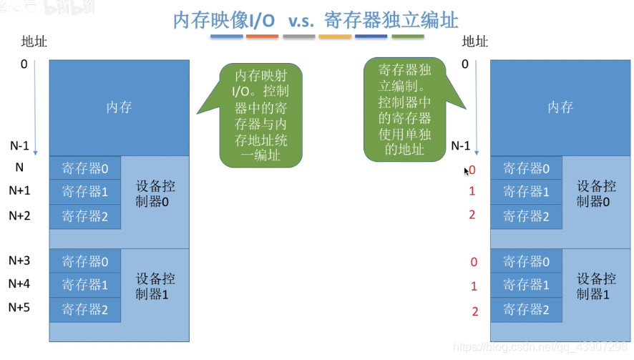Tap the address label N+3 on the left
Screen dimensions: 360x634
pyautogui.click(x=19, y=261)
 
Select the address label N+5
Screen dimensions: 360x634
pyautogui.click(x=19, y=308)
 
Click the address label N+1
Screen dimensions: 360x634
pyautogui.click(x=19, y=191)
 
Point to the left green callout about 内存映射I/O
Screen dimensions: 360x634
pyautogui.click(x=260, y=115)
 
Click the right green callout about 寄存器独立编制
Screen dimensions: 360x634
pyautogui.click(x=404, y=110)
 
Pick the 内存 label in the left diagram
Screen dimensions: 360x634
pyautogui.click(x=119, y=107)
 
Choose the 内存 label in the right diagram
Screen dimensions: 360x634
pyautogui.click(x=560, y=107)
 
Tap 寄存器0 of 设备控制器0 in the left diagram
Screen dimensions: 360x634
pyautogui.click(x=85, y=168)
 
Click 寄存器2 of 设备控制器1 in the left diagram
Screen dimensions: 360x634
pyautogui.click(x=85, y=310)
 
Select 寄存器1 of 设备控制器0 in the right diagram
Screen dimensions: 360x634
pyautogui.click(x=526, y=192)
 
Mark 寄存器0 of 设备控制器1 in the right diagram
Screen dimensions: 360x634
pyautogui.click(x=526, y=262)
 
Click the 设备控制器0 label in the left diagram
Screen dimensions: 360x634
pyautogui.click(x=155, y=194)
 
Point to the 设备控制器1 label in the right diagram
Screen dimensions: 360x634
pyautogui.click(x=597, y=286)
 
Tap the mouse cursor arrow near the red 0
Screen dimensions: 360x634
pyautogui.click(x=467, y=171)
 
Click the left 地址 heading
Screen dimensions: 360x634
pyautogui.click(x=34, y=42)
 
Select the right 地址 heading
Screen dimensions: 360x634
pyautogui.click(x=475, y=42)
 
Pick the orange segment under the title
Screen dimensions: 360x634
pyautogui.click(x=263, y=36)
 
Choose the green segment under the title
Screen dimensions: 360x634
pyautogui.click(x=408, y=36)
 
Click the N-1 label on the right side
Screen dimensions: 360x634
pyautogui.click(x=461, y=145)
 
